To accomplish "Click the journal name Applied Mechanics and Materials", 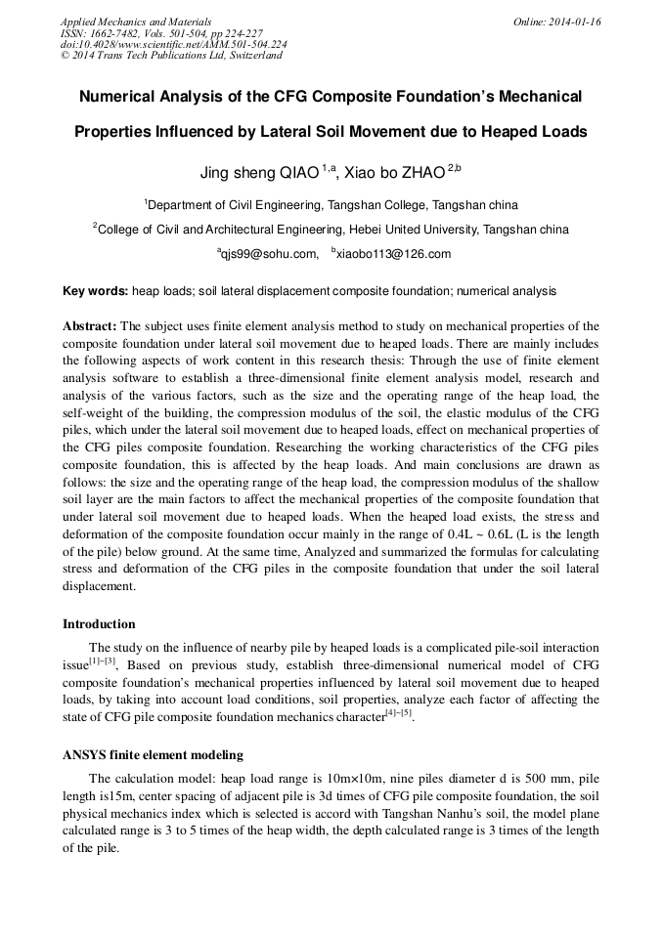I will click(135, 21).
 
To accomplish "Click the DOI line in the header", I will click(173, 44).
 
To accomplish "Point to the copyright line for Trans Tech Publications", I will click(171, 56).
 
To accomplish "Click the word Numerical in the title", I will click(120, 97).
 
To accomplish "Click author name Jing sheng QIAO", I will click(259, 173).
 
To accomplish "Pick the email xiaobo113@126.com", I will click(394, 254).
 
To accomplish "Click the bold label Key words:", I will click(95, 291).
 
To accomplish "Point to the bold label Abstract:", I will click(90, 325).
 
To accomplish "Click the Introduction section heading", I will click(99, 623).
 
